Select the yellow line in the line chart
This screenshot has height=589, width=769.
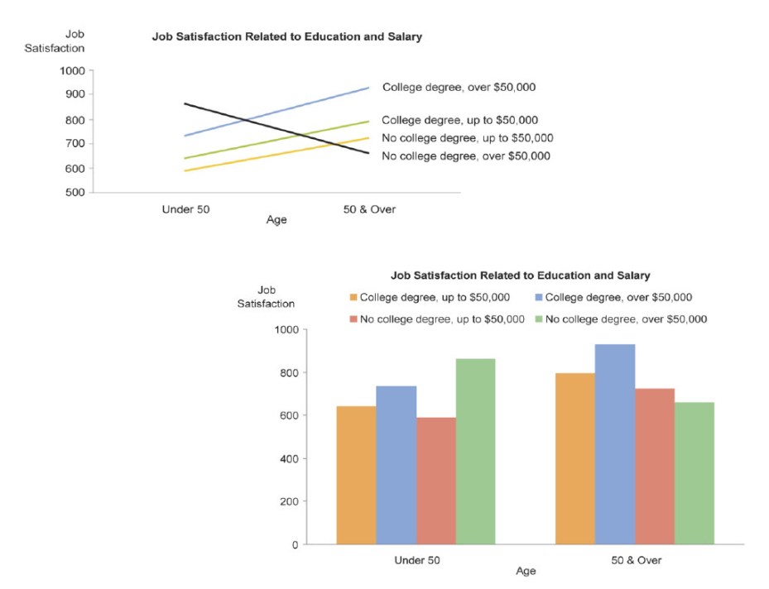pyautogui.click(x=276, y=154)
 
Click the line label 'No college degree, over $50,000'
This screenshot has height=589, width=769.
pyautogui.click(x=465, y=156)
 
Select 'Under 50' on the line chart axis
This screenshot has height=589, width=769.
pyautogui.click(x=186, y=209)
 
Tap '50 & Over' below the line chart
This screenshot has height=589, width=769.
pyautogui.click(x=369, y=209)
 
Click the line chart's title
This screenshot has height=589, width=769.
pyautogui.click(x=286, y=37)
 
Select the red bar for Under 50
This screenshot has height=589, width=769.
pyautogui.click(x=436, y=481)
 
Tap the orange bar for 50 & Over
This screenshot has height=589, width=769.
pyautogui.click(x=575, y=458)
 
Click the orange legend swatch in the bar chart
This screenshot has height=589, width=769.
pyautogui.click(x=353, y=298)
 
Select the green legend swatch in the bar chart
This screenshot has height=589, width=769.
pyautogui.click(x=539, y=319)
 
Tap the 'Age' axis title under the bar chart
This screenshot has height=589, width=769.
pyautogui.click(x=526, y=571)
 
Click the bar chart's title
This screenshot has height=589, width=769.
pyautogui.click(x=520, y=275)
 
